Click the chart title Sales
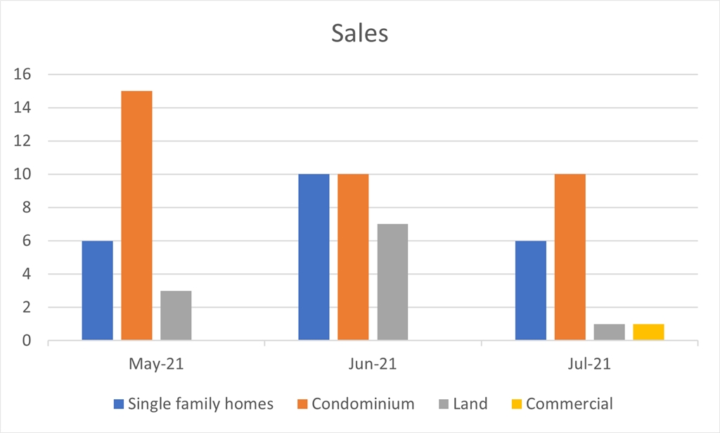(x=359, y=33)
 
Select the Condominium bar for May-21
(x=136, y=216)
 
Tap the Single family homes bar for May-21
(x=97, y=291)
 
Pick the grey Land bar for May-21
(x=176, y=316)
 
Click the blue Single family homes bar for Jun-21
(x=314, y=258)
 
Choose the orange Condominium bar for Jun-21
(x=353, y=258)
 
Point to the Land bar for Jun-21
(x=392, y=282)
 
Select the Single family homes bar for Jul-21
(x=530, y=291)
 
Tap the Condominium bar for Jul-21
(x=570, y=258)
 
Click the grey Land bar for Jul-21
(x=609, y=332)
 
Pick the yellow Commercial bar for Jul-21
(x=648, y=332)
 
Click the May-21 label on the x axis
(x=156, y=365)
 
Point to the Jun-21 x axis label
(x=373, y=365)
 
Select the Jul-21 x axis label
(x=589, y=365)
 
